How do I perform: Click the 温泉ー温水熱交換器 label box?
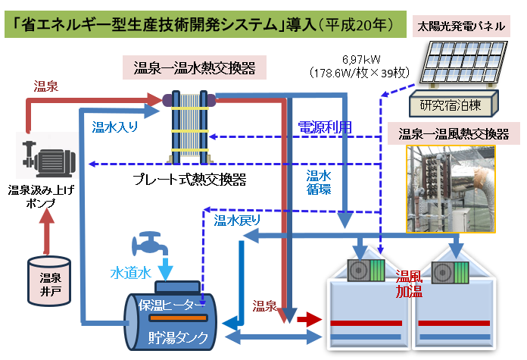pyautogui.click(x=199, y=68)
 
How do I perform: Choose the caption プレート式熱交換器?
pyautogui.click(x=189, y=180)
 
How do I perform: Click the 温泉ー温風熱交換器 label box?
pyautogui.click(x=454, y=134)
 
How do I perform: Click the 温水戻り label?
pyautogui.click(x=237, y=221)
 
